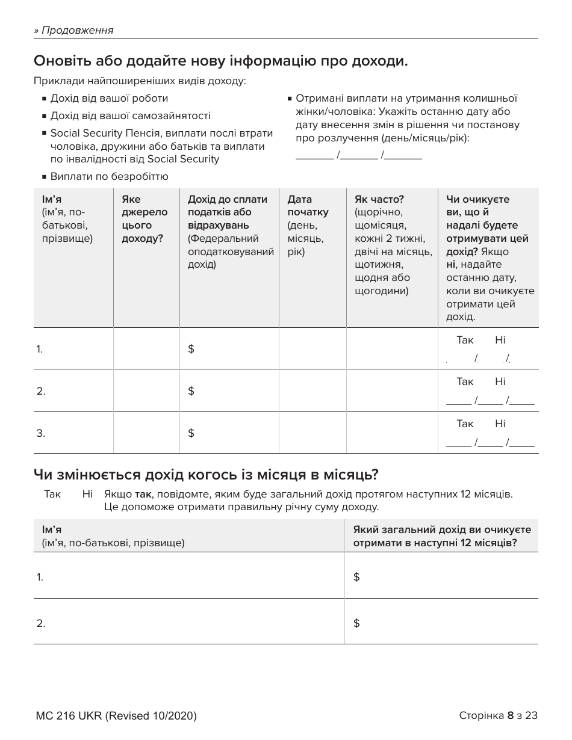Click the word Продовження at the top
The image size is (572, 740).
(x=76, y=30)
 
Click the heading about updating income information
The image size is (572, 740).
(x=221, y=61)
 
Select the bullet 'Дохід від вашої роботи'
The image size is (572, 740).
(x=109, y=98)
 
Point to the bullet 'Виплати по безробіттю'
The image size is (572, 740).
(x=109, y=176)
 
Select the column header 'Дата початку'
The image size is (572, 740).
(x=308, y=206)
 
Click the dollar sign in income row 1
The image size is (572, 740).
(x=191, y=349)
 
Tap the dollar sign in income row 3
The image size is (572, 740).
(x=191, y=433)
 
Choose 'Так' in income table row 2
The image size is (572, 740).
(x=465, y=381)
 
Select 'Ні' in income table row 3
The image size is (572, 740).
(x=500, y=424)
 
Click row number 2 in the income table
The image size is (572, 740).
(x=41, y=391)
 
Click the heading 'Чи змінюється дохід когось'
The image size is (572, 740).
(x=206, y=475)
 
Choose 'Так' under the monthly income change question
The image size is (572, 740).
(x=52, y=494)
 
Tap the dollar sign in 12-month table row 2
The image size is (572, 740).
(x=356, y=623)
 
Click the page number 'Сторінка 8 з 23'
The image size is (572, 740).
(x=498, y=715)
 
